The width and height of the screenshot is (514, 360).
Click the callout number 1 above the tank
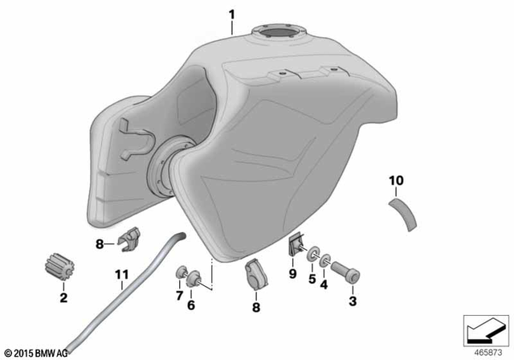pos(232,14)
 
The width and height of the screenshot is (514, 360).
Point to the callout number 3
pos(350,301)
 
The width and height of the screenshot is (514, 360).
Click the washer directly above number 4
pos(326,261)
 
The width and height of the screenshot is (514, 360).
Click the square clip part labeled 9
pos(294,245)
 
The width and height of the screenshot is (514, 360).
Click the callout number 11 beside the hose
pos(121,274)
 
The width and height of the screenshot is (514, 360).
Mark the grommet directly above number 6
pos(193,279)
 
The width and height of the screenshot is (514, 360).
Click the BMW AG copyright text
pos(37,351)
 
